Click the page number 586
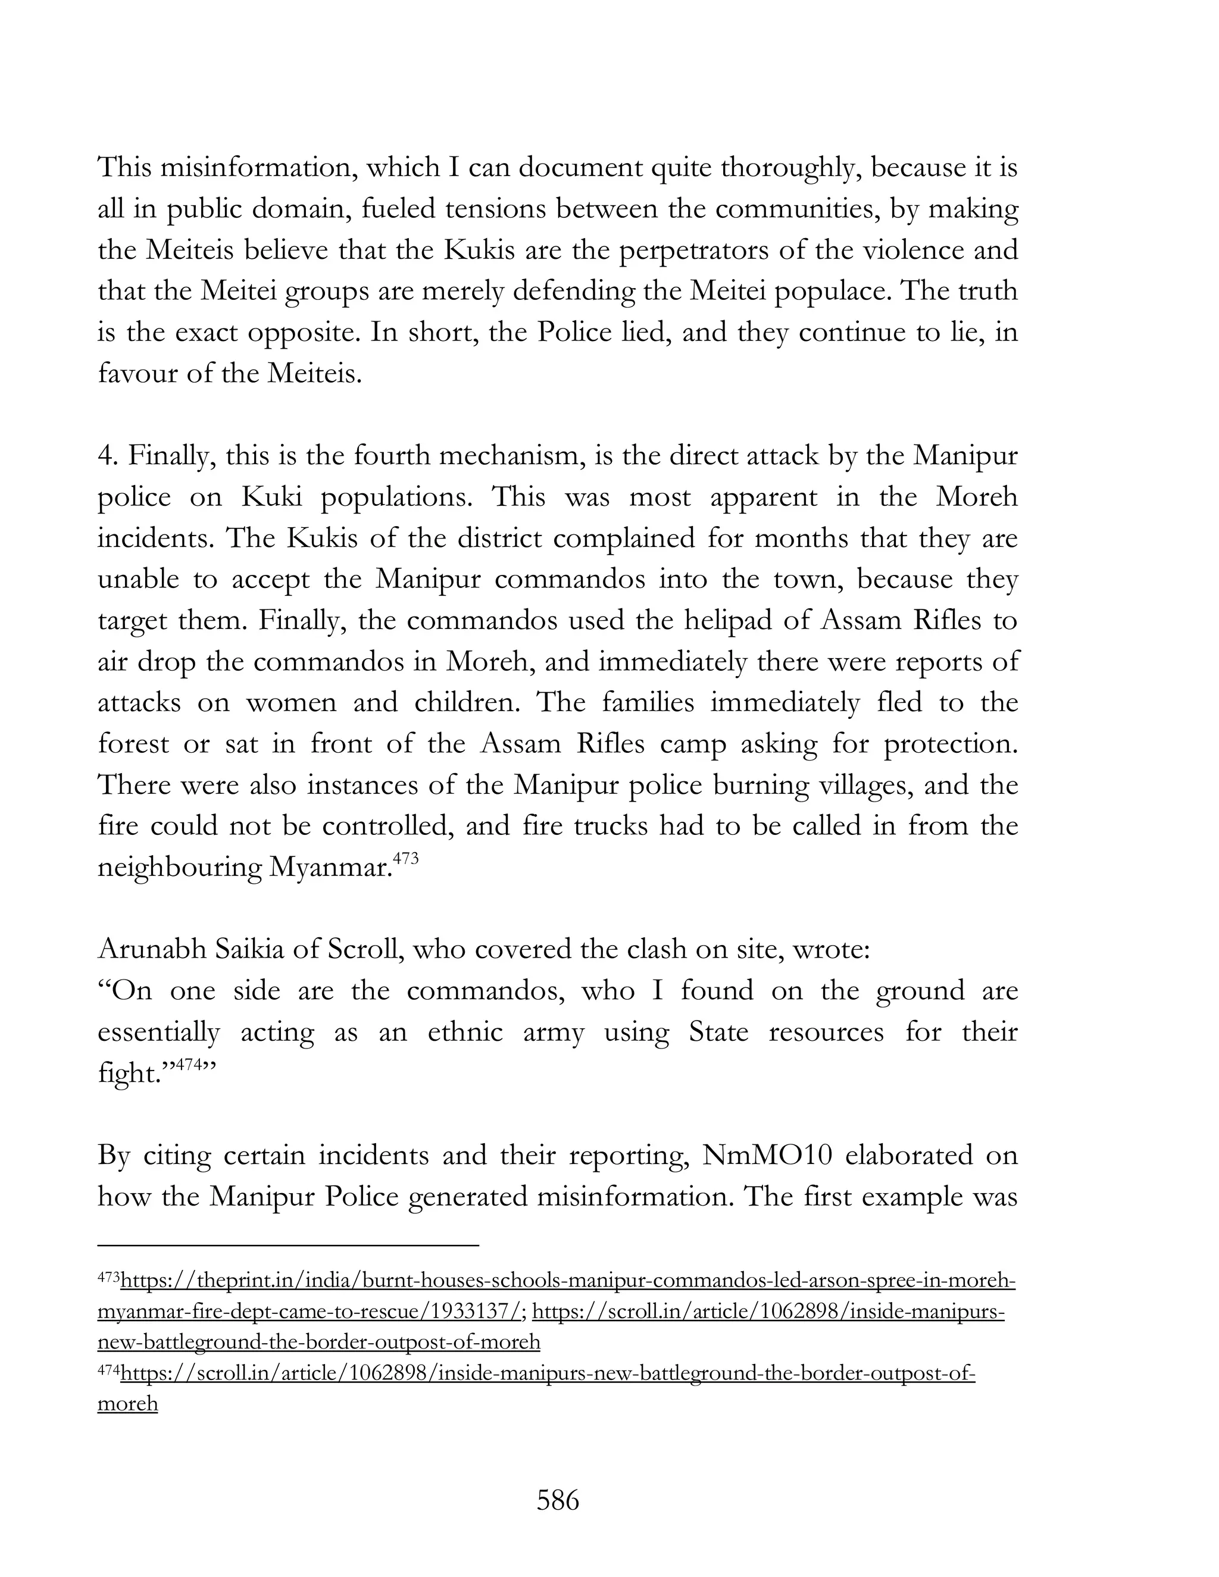click(x=558, y=1500)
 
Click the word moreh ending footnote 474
click(x=127, y=1404)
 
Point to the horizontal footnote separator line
click(x=288, y=1244)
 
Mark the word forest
click(x=133, y=744)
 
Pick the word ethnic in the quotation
click(x=465, y=1032)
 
